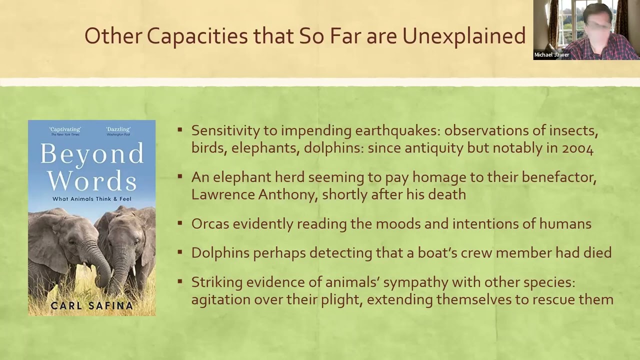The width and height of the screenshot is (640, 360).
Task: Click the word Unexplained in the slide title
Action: click(464, 36)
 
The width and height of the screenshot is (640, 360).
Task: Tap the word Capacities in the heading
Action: click(197, 36)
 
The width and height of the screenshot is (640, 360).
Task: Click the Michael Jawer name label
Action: click(551, 55)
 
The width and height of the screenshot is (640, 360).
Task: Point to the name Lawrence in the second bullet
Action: click(223, 195)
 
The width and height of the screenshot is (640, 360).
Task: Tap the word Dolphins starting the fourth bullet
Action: click(220, 253)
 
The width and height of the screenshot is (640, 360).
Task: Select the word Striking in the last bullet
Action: click(217, 282)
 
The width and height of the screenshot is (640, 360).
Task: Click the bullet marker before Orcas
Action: click(179, 223)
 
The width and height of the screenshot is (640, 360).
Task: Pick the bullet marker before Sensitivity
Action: click(179, 130)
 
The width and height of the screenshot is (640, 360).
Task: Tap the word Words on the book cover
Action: click(92, 181)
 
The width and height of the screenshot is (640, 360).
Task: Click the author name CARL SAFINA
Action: click(91, 305)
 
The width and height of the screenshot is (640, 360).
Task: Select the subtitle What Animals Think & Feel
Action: click(91, 199)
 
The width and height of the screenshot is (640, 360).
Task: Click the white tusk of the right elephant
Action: click(133, 270)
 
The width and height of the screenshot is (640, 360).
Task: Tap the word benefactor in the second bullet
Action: click(559, 177)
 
